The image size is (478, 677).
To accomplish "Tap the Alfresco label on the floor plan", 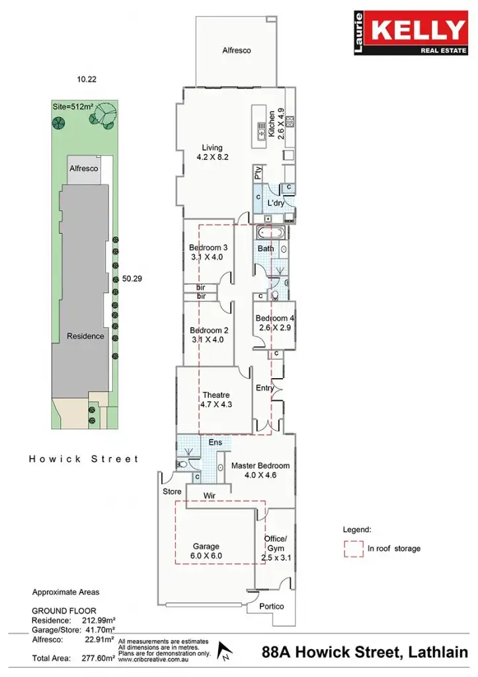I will coord(236,50).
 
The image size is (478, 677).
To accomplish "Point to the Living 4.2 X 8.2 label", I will coord(212,153).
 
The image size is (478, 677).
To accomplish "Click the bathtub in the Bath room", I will coord(270,233).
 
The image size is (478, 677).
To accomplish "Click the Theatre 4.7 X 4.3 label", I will coord(216,399).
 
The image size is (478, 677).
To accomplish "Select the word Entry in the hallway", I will coord(264,388).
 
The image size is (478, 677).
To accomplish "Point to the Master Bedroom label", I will coord(260,470).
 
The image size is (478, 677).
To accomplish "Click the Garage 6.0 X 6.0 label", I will coord(206,551).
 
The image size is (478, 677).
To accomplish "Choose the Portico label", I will coord(271,606).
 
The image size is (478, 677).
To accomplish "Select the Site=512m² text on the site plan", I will coord(73,106).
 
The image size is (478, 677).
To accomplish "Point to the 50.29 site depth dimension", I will coord(132,279).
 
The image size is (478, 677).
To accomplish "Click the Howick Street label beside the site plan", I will coord(84,458).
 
